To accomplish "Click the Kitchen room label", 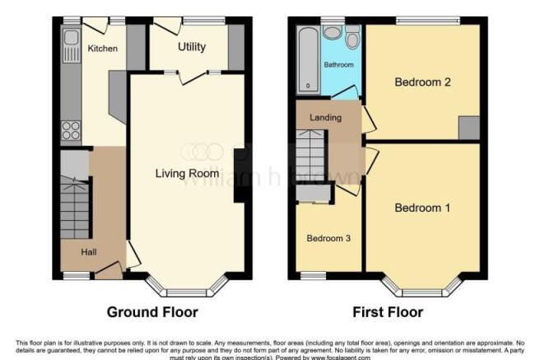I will (x=103, y=49).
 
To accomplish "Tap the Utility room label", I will (x=192, y=47).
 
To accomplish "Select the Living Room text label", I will (x=188, y=173).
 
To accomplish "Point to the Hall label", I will (x=91, y=251).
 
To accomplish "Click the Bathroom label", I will (x=337, y=64).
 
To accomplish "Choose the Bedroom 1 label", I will (x=422, y=208).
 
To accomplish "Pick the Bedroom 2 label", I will (x=422, y=82).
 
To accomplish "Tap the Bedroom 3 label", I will (x=328, y=238).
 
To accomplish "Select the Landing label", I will (x=325, y=118).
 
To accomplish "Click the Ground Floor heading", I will (x=152, y=312).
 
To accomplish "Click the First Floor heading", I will (x=387, y=312).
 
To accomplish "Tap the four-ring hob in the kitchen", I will (x=70, y=130).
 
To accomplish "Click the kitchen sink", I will (x=70, y=37).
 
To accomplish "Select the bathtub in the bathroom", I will (x=309, y=58).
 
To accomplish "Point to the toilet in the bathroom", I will (x=352, y=38).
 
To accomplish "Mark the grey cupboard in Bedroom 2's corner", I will (x=468, y=128).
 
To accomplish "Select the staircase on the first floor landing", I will (x=313, y=160).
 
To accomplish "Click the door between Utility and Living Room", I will (x=192, y=77).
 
